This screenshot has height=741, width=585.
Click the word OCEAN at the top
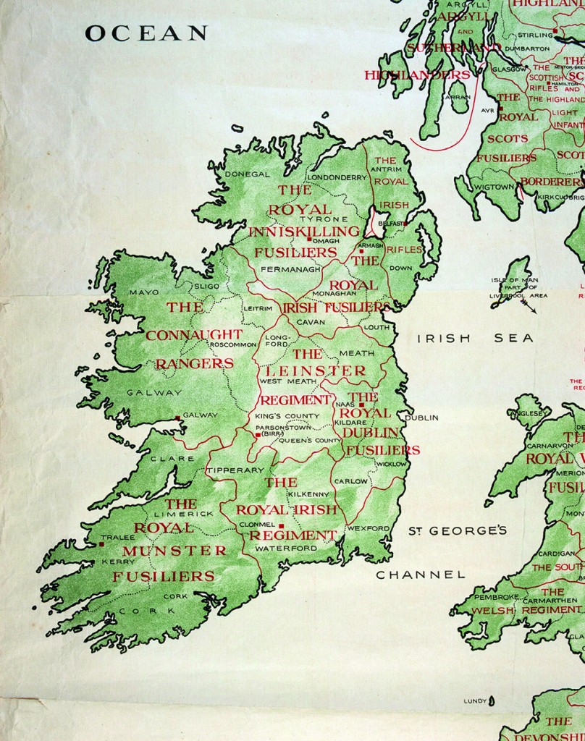coord(146,33)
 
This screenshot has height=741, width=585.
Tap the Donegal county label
coord(247,174)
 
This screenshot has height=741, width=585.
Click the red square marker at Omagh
coord(309,240)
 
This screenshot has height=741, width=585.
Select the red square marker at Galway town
coord(178,417)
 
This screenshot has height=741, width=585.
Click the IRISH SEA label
coord(475,338)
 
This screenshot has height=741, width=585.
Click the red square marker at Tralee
coord(102,544)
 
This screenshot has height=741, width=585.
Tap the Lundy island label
coord(474,701)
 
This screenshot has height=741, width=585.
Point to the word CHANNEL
coord(420,575)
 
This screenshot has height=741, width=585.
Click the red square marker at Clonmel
coord(282,525)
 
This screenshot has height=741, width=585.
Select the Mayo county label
coord(143,292)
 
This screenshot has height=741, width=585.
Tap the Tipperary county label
coord(235,470)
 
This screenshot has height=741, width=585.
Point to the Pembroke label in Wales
coord(496,597)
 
